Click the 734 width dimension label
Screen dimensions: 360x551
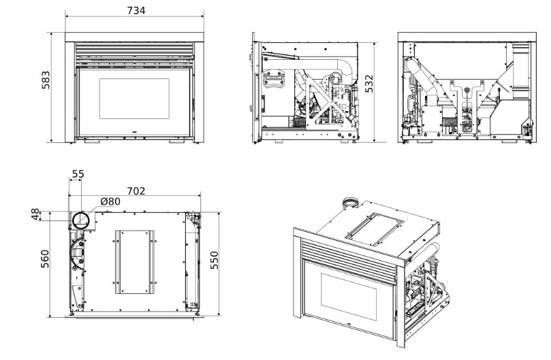(136, 10)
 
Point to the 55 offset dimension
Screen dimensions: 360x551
(78, 174)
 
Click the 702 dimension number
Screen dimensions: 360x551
(136, 191)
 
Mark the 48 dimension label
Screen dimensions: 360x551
(36, 216)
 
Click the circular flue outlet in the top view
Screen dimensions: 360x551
(81, 219)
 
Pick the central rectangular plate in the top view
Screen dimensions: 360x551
(134, 261)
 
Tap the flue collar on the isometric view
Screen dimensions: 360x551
(350, 202)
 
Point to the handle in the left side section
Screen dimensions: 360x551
(274, 79)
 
